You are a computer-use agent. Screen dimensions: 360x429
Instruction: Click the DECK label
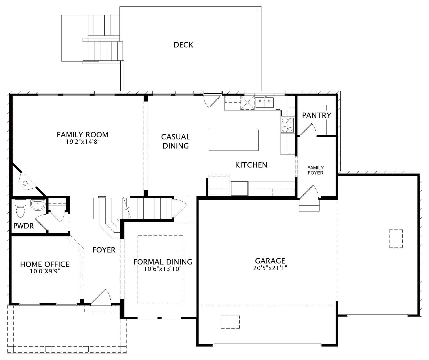click(183, 45)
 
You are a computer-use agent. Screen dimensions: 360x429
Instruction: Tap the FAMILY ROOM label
click(82, 134)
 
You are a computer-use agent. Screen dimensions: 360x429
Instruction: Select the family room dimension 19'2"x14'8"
click(82, 142)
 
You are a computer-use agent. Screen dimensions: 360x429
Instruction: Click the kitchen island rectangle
click(233, 140)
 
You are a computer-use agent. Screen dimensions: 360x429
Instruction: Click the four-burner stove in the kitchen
click(287, 125)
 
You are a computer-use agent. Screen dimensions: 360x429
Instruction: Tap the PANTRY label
click(316, 115)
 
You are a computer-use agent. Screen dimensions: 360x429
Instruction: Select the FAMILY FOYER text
click(315, 170)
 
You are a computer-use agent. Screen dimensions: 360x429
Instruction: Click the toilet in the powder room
click(20, 209)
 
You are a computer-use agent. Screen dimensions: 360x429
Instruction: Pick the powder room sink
click(37, 205)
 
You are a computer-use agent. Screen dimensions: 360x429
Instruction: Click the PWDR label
click(23, 226)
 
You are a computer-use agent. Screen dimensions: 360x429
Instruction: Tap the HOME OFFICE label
click(45, 264)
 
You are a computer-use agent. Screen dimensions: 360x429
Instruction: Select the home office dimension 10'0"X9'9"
click(45, 271)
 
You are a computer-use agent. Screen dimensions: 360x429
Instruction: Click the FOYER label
click(104, 250)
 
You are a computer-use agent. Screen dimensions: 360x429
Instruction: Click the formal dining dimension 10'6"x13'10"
click(163, 269)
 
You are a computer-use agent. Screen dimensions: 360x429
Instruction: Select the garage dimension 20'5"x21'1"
click(270, 268)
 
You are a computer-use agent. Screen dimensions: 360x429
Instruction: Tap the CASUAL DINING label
click(176, 141)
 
